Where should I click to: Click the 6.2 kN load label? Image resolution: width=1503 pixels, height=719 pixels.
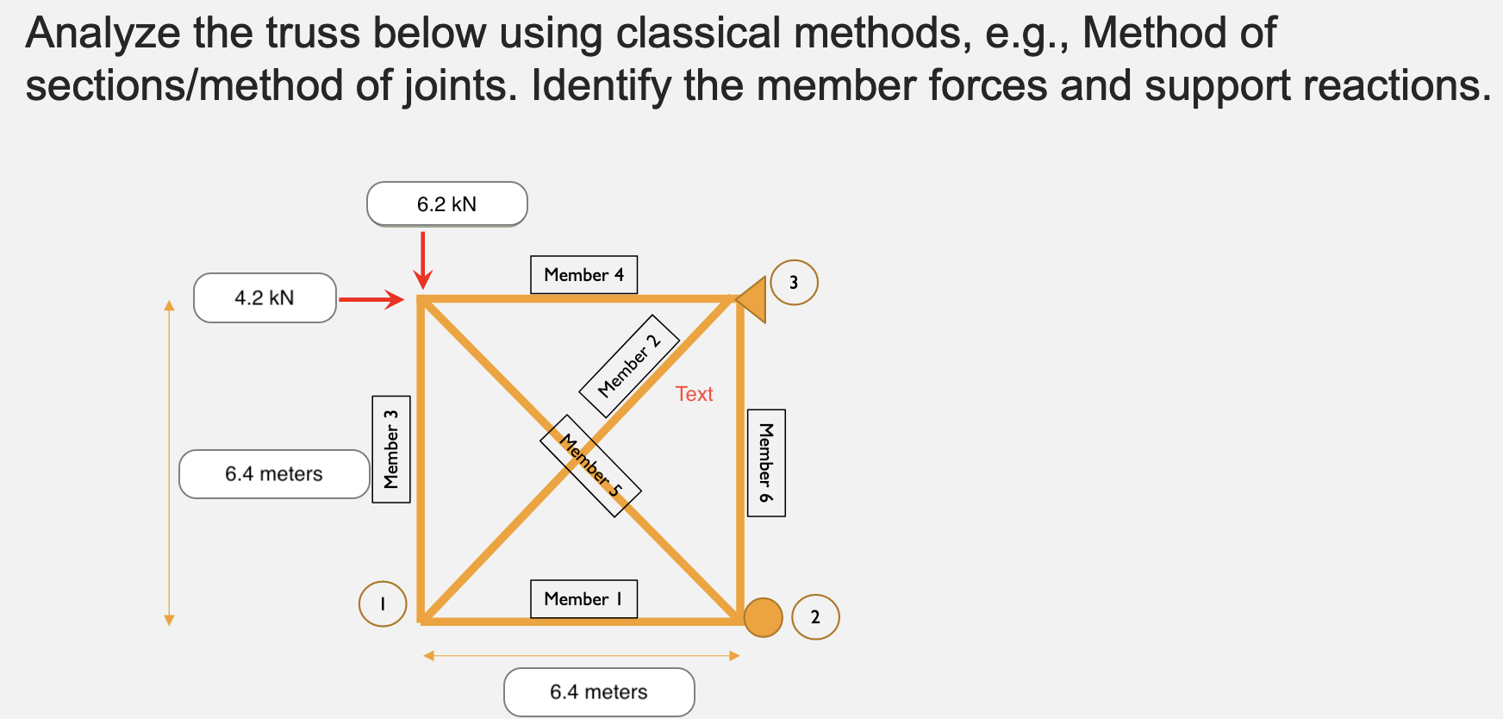446,204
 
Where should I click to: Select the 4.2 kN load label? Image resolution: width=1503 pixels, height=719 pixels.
265,298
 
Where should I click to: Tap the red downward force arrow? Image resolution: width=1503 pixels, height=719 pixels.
422,259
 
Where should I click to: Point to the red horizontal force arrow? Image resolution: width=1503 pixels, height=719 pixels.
371,299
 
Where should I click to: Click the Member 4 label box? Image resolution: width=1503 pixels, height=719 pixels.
583,275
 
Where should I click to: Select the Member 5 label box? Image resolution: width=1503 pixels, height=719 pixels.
590,466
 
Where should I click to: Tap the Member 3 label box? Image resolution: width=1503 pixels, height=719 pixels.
390,449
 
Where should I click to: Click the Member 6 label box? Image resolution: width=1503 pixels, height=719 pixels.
765,463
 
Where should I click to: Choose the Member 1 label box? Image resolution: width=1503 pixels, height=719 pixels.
583,599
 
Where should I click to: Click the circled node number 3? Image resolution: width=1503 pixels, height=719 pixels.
794,283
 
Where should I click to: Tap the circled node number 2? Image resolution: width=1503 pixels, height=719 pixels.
815,617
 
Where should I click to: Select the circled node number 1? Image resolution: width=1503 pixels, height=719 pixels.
383,604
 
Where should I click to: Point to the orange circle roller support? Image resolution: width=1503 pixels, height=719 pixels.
763,617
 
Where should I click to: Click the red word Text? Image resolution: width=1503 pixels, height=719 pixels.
694,394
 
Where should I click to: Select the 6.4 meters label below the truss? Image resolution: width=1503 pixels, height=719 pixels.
599,692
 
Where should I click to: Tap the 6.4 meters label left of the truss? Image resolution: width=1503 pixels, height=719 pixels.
274,474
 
